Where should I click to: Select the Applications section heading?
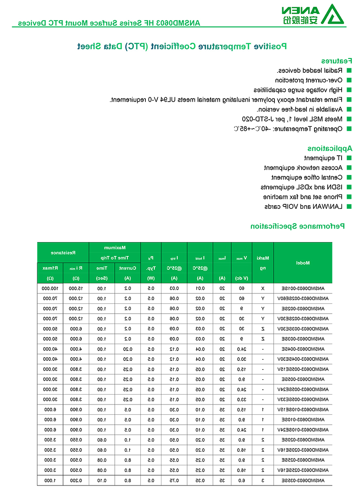pyautogui.click(x=330, y=148)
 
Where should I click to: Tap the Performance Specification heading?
pyautogui.click(x=297, y=226)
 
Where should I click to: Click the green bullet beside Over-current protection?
pyautogui.click(x=349, y=80)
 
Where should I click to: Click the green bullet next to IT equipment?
pyautogui.click(x=349, y=158)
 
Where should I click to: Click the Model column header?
pyautogui.click(x=303, y=263)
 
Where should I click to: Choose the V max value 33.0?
pyautogui.click(x=242, y=399)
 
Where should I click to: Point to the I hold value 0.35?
pyautogui.click(x=200, y=481)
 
